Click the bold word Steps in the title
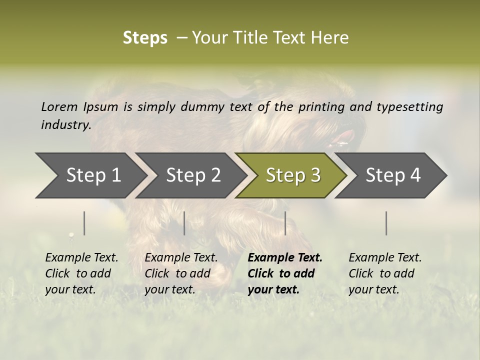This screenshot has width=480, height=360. [x=145, y=38]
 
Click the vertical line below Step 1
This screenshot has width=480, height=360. [x=84, y=223]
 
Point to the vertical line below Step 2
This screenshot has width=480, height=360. [x=184, y=223]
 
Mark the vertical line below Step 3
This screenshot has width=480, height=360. [x=285, y=223]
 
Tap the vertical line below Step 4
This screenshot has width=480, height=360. [x=386, y=223]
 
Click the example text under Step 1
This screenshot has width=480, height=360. [x=81, y=273]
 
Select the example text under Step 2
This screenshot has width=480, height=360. [x=181, y=273]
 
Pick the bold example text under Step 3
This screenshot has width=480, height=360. [x=285, y=273]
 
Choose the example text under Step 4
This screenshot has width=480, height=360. [x=385, y=273]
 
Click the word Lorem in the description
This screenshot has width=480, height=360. [x=59, y=107]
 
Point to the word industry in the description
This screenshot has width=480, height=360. [x=65, y=125]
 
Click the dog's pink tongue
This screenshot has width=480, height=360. [x=344, y=137]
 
